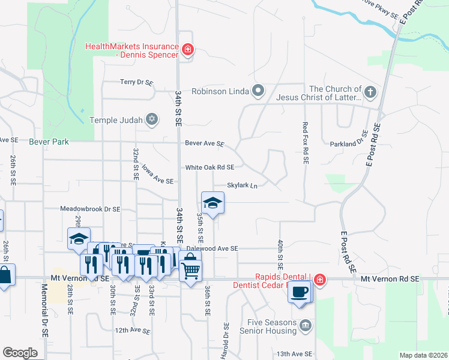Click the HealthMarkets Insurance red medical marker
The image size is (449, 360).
click(x=188, y=49)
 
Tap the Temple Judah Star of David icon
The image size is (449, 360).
click(x=152, y=120)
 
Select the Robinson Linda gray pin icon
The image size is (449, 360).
click(x=259, y=92)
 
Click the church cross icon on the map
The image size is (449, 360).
click(x=370, y=92)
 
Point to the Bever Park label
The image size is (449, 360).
click(x=49, y=142)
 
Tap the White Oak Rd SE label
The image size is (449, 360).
click(x=209, y=167)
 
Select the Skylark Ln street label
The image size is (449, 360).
click(x=242, y=185)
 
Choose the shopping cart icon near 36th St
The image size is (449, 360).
click(x=190, y=271)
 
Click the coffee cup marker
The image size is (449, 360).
click(x=299, y=292)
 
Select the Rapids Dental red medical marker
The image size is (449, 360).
click(x=320, y=280)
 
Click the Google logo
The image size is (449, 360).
click(x=20, y=353)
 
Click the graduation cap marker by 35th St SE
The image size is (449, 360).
click(x=212, y=203)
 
